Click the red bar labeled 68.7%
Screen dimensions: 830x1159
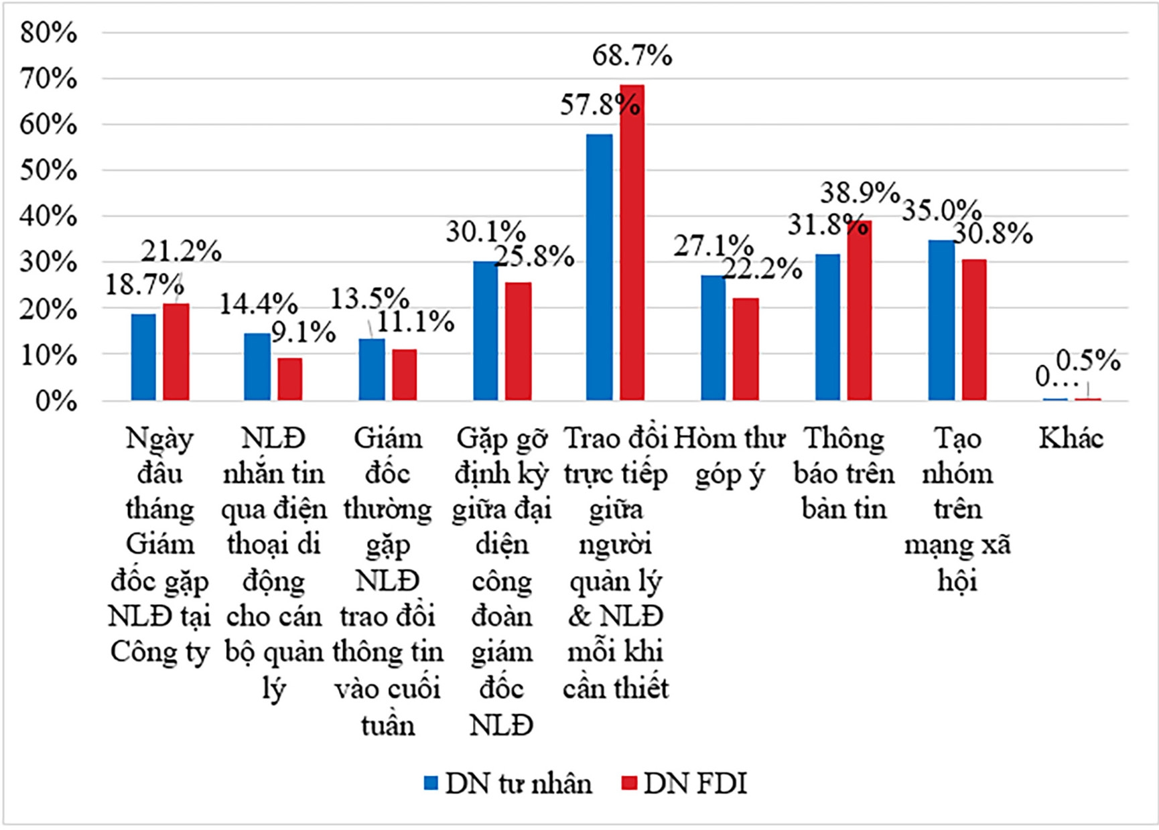pyautogui.click(x=632, y=243)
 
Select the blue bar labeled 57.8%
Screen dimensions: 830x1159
pyautogui.click(x=599, y=267)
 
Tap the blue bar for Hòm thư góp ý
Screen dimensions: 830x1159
pyautogui.click(x=713, y=338)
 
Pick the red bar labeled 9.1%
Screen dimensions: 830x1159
pyautogui.click(x=289, y=379)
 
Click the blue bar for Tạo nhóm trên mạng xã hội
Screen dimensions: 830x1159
pyautogui.click(x=941, y=320)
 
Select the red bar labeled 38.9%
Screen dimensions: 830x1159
pyautogui.click(x=860, y=311)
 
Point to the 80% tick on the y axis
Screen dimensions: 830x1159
pyautogui.click(x=48, y=32)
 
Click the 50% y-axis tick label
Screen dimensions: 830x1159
pyautogui.click(x=48, y=170)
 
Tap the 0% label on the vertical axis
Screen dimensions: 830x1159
pyautogui.click(x=55, y=401)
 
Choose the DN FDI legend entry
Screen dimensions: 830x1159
pyautogui.click(x=685, y=783)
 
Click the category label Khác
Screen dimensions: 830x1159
pyautogui.click(x=1071, y=439)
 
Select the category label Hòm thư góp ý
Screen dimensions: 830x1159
pyautogui.click(x=729, y=456)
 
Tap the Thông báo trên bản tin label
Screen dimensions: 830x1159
pyautogui.click(x=843, y=474)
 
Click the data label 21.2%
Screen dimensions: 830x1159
pyautogui.click(x=181, y=251)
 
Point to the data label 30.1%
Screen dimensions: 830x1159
pyautogui.click(x=486, y=232)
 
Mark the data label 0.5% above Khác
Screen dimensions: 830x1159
pyautogui.click(x=1088, y=360)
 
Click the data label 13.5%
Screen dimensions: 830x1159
pyautogui.click(x=370, y=298)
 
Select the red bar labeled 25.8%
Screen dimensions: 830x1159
pyautogui.click(x=518, y=342)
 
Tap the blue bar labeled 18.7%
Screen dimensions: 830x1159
pyautogui.click(x=143, y=357)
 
